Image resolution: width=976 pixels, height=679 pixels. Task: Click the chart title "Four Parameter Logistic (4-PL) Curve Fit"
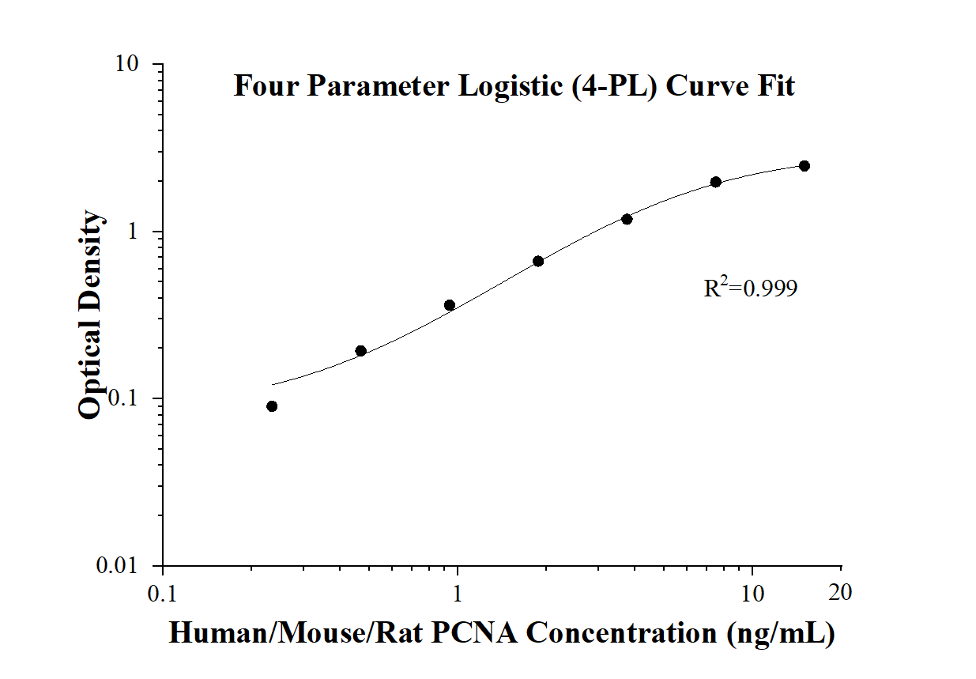pos(514,85)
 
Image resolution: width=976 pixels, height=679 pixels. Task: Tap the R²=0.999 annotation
pos(750,289)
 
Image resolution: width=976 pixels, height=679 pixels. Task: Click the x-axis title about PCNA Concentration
pos(502,632)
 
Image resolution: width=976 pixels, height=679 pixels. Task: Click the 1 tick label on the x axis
pos(458,592)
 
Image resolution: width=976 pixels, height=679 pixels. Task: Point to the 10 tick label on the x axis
pos(752,592)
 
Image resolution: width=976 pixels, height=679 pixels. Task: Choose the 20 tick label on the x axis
pos(841,592)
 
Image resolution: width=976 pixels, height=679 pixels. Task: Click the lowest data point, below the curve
pos(272,406)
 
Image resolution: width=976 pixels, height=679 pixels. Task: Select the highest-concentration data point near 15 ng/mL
pos(805,166)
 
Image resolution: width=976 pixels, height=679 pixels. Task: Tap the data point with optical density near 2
pos(716,182)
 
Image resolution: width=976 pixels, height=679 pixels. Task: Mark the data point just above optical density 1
pos(627,219)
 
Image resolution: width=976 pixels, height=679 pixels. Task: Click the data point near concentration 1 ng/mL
pos(450,305)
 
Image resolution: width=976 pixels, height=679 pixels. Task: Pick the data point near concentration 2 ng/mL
pos(538,261)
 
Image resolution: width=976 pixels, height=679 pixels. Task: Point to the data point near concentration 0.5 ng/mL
pos(360,351)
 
